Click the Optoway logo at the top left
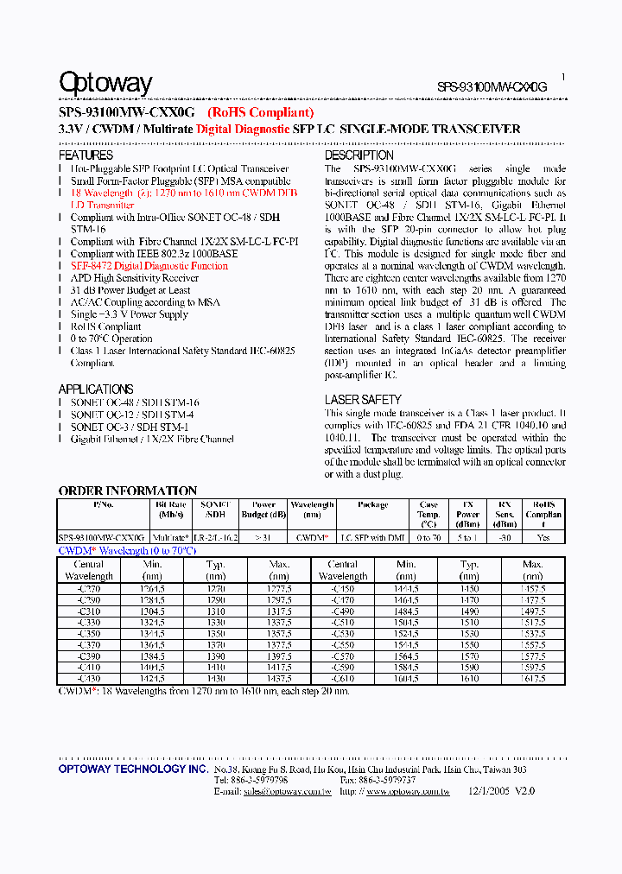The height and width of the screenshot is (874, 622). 105,84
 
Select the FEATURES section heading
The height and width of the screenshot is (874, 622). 86,155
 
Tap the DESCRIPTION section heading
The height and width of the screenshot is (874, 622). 359,155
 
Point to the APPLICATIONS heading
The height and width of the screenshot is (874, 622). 96,389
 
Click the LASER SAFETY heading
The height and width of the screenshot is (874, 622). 363,400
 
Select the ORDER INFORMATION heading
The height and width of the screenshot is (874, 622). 128,491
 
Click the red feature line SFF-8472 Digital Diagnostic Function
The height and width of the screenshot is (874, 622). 149,267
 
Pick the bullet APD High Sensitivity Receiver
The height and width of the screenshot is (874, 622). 135,279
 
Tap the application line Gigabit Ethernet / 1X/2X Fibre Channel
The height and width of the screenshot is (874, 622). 152,440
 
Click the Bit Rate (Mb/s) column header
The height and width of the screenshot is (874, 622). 170,510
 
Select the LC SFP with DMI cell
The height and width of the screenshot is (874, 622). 371,537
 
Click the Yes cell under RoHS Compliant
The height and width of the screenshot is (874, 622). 543,537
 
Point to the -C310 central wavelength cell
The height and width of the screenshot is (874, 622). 89,610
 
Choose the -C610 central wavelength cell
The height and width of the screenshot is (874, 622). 343,679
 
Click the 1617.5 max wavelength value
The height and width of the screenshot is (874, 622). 533,679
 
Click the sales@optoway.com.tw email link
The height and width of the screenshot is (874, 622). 288,791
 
